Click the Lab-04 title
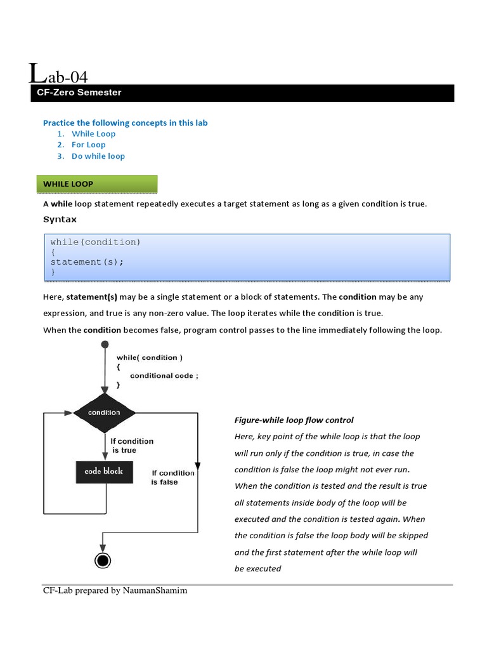(58, 76)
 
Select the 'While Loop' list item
(93, 134)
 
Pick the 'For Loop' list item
(88, 145)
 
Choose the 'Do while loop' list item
(98, 156)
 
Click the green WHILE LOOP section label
(68, 184)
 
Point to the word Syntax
(60, 220)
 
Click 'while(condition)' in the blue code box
(95, 242)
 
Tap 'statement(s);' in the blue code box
(87, 262)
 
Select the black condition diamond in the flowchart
(105, 413)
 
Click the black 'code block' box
(104, 472)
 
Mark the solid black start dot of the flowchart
(105, 345)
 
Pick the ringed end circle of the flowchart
(102, 560)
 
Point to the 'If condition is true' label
(131, 446)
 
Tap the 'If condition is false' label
(172, 477)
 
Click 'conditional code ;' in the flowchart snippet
(164, 376)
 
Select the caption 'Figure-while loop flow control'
(294, 420)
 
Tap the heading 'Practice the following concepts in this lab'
(125, 123)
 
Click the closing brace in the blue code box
(53, 272)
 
